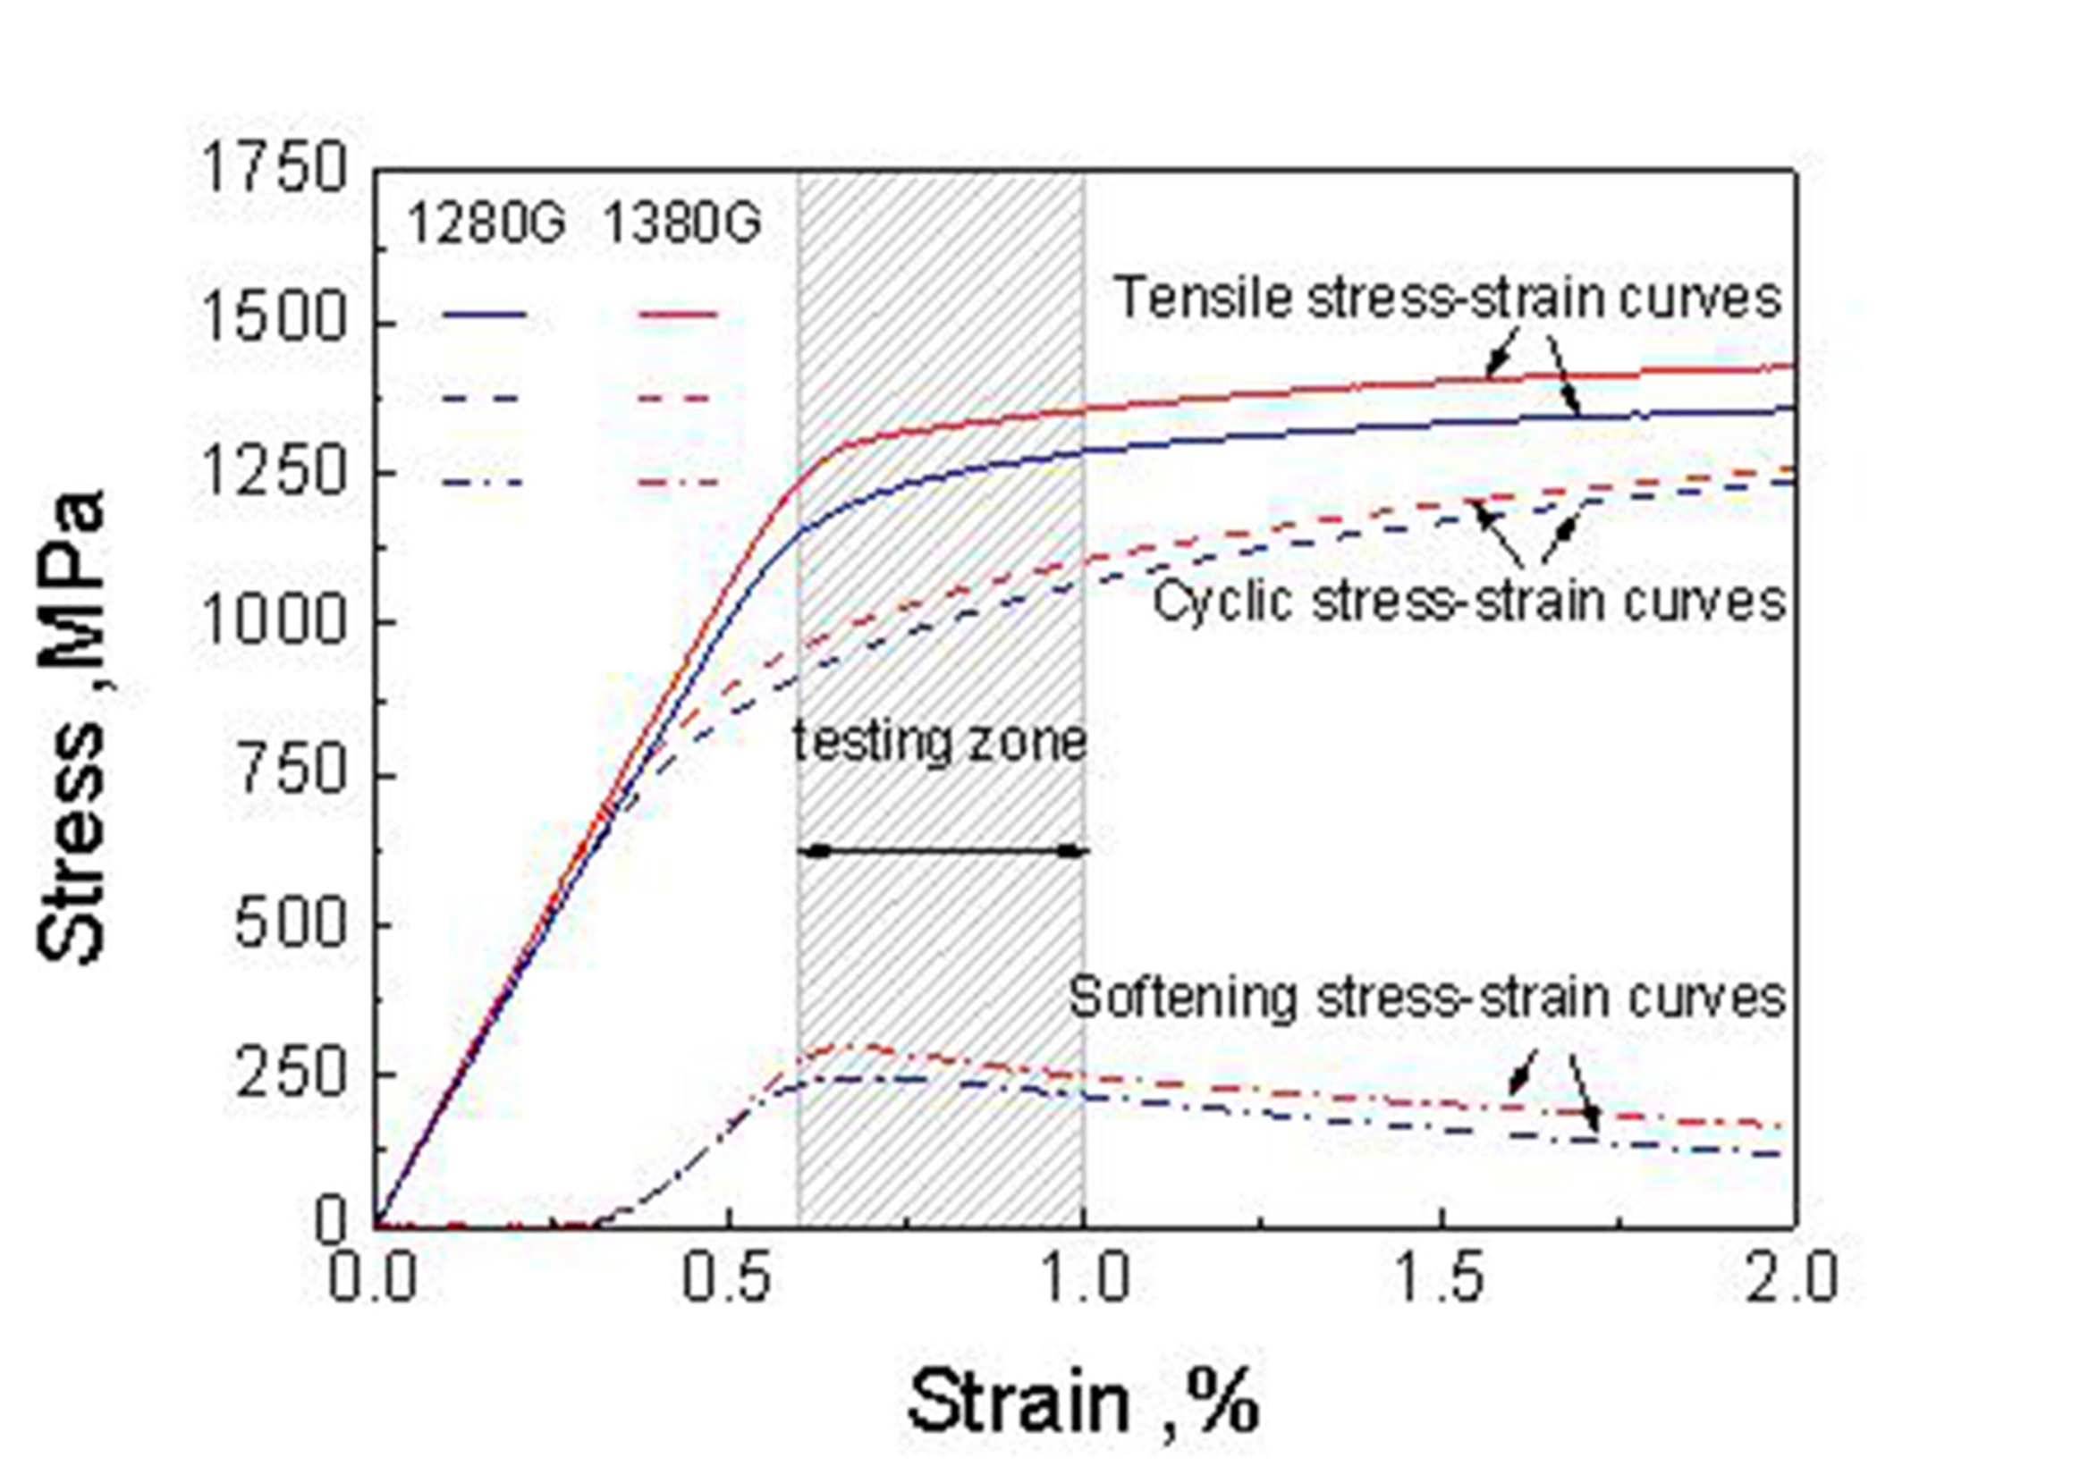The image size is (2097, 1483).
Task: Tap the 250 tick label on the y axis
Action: tap(291, 1074)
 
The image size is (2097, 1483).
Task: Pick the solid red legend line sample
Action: tap(678, 315)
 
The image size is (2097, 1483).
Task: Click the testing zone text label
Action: tap(939, 743)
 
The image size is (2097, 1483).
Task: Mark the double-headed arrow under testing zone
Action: tap(943, 851)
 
